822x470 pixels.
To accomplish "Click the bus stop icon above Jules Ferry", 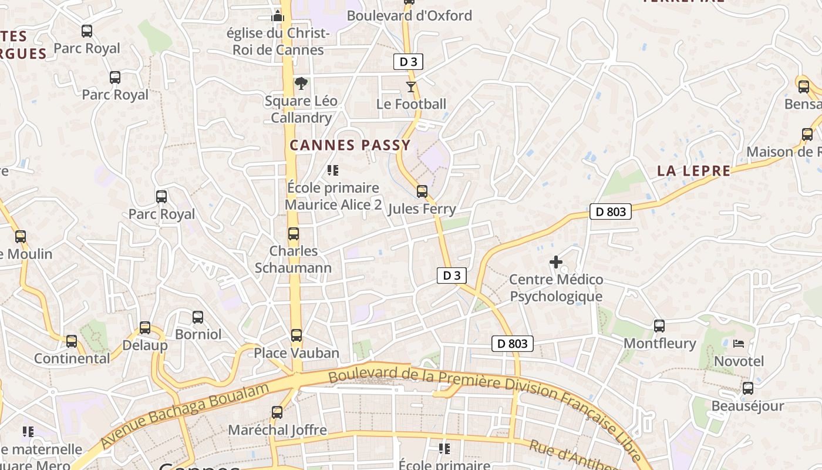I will (x=422, y=192).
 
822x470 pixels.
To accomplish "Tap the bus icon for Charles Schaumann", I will (x=294, y=234).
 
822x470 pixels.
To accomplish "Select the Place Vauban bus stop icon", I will (x=297, y=335).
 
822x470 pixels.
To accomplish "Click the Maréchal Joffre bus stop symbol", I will (x=277, y=412).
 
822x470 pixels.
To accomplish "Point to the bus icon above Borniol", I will (x=198, y=317).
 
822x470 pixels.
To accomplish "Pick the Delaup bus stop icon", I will (x=144, y=328).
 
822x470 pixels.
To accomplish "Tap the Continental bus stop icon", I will (x=72, y=341).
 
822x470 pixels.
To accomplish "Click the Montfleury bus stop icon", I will (x=659, y=326).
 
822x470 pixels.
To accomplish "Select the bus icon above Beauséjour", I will (x=747, y=388).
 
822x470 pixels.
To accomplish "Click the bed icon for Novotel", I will (x=739, y=344).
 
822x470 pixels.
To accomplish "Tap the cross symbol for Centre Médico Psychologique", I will (x=555, y=261).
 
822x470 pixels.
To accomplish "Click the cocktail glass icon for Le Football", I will (x=410, y=87).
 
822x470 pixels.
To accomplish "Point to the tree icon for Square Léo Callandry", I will (x=301, y=83).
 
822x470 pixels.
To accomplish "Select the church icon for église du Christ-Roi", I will (x=278, y=15).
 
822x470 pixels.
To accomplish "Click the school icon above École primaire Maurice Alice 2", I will (x=333, y=171).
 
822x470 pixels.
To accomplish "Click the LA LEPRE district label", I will (x=693, y=171).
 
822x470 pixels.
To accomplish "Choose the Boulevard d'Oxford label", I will (x=409, y=16).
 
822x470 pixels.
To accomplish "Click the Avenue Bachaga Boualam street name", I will (x=184, y=415).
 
